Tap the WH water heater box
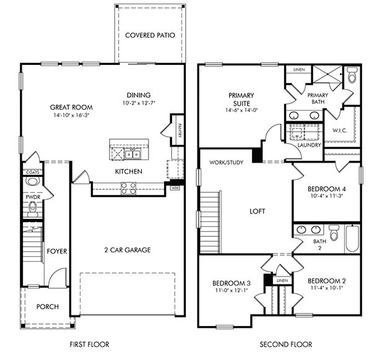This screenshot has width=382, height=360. pyautogui.click(x=175, y=187)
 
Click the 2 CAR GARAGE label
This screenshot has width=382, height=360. pyautogui.click(x=128, y=250)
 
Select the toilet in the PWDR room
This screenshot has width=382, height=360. pyautogui.click(x=33, y=182)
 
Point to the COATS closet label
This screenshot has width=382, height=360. pyautogui.click(x=32, y=171)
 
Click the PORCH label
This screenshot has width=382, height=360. pyautogui.click(x=47, y=306)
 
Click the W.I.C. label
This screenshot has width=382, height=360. pyautogui.click(x=339, y=131)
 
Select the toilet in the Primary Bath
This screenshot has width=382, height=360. pyautogui.click(x=352, y=77)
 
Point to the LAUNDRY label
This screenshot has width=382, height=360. pyautogui.click(x=310, y=145)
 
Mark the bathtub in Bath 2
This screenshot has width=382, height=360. pyautogui.click(x=352, y=238)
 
